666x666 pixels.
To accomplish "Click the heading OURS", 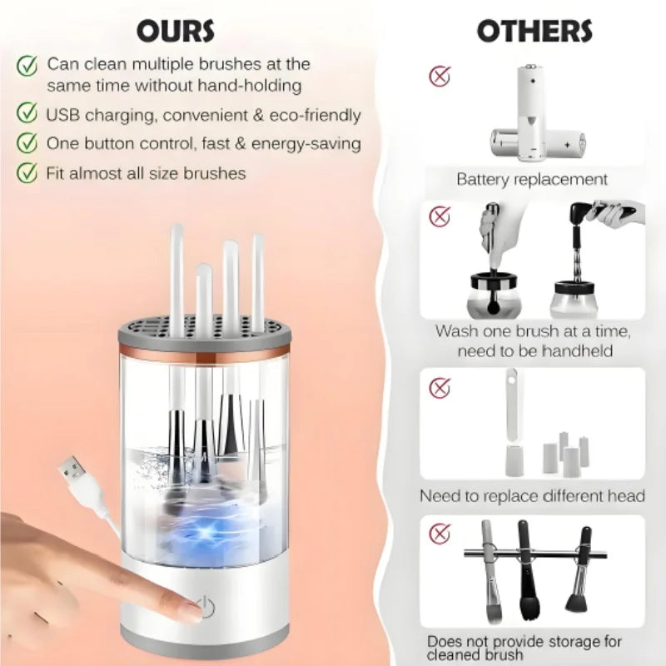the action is [176, 31].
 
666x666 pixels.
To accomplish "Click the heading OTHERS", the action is [534, 31].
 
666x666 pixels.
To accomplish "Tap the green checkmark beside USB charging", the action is [27, 113].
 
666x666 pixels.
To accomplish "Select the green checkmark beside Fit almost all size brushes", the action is [27, 172].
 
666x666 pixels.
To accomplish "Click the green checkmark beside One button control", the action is [27, 142].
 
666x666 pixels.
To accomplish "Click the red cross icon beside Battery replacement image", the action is [440, 77].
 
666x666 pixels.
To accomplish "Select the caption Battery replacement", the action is [532, 179].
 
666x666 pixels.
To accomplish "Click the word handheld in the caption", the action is [578, 351].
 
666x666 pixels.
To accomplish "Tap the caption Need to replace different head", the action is [532, 495].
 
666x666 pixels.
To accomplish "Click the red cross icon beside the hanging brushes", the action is [440, 533].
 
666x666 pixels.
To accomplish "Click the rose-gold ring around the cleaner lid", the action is [204, 351].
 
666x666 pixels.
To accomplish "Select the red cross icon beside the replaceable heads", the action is [440, 388].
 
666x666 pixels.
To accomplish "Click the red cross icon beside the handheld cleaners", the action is [440, 216].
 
